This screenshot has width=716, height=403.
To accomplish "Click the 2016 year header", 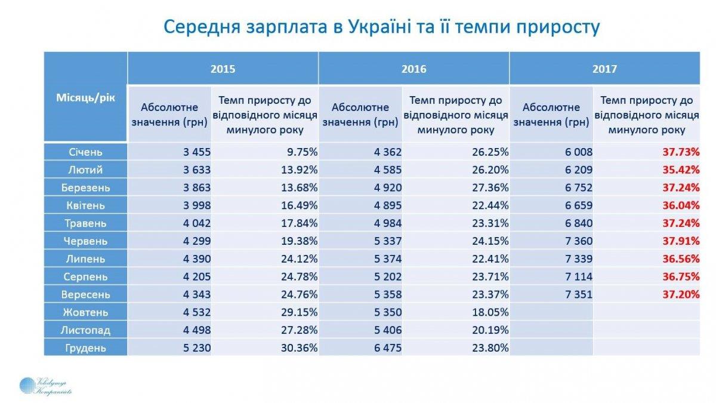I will [x=413, y=69].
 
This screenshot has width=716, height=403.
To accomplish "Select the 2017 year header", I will [x=604, y=69].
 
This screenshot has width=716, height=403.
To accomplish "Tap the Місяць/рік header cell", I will [x=86, y=97].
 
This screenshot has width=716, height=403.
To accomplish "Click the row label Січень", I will [x=86, y=152].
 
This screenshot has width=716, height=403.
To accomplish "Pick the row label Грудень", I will [x=86, y=348].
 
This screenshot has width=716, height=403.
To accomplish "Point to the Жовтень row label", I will [x=86, y=312].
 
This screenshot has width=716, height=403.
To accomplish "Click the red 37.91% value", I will [x=681, y=241].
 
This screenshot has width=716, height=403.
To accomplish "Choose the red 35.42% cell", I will [x=681, y=170].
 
